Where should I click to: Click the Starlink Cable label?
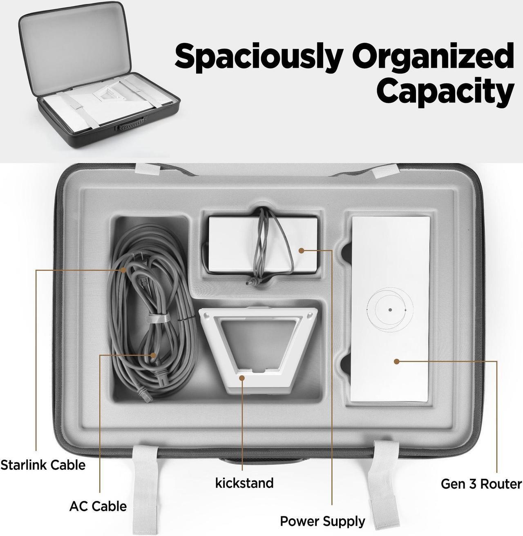tap(43, 465)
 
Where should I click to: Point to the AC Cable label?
tap(98, 506)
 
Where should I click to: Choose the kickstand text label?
tap(244, 483)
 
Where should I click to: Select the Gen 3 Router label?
tap(481, 484)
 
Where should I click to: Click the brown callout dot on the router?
tap(396, 362)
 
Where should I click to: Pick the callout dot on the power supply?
tap(302, 251)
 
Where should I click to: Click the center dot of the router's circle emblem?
tap(390, 310)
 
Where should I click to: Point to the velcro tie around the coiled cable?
tap(159, 319)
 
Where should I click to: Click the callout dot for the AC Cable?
tap(152, 355)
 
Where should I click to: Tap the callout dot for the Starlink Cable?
tap(124, 270)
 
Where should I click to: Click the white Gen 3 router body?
tap(390, 309)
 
